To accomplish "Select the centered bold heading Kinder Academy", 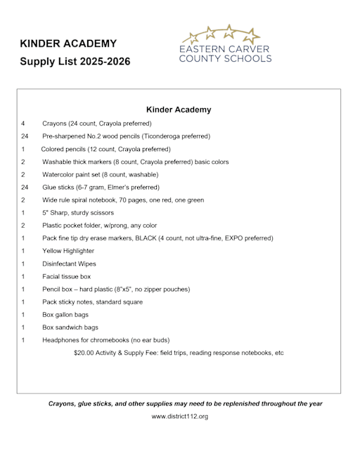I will [x=179, y=110].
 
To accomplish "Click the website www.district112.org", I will [x=180, y=417].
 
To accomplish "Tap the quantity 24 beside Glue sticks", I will [x=25, y=188].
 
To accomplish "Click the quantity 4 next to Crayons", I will [x=22, y=124].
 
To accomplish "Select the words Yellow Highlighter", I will [x=68, y=251].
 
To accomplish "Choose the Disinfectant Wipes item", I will [x=69, y=264].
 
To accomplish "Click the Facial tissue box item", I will [x=66, y=276].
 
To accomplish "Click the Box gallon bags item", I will [x=65, y=315].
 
